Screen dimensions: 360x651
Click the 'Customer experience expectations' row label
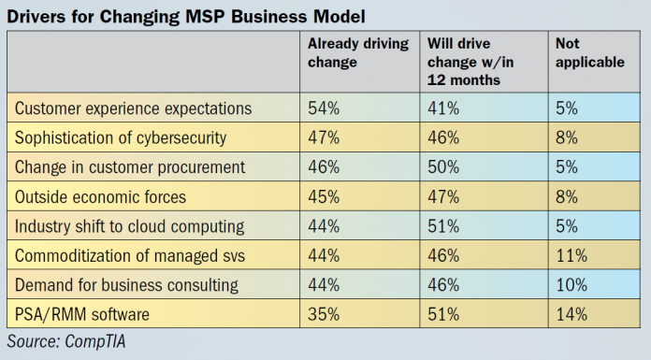[x=134, y=108]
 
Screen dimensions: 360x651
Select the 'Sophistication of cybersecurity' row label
[x=121, y=137]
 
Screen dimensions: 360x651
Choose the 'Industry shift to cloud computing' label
[x=129, y=226]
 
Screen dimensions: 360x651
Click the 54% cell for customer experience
[x=324, y=108]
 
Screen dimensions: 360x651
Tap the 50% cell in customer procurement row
[x=441, y=167]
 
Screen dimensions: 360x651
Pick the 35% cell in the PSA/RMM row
[x=324, y=315]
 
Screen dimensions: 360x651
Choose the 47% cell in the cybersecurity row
[x=324, y=137]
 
